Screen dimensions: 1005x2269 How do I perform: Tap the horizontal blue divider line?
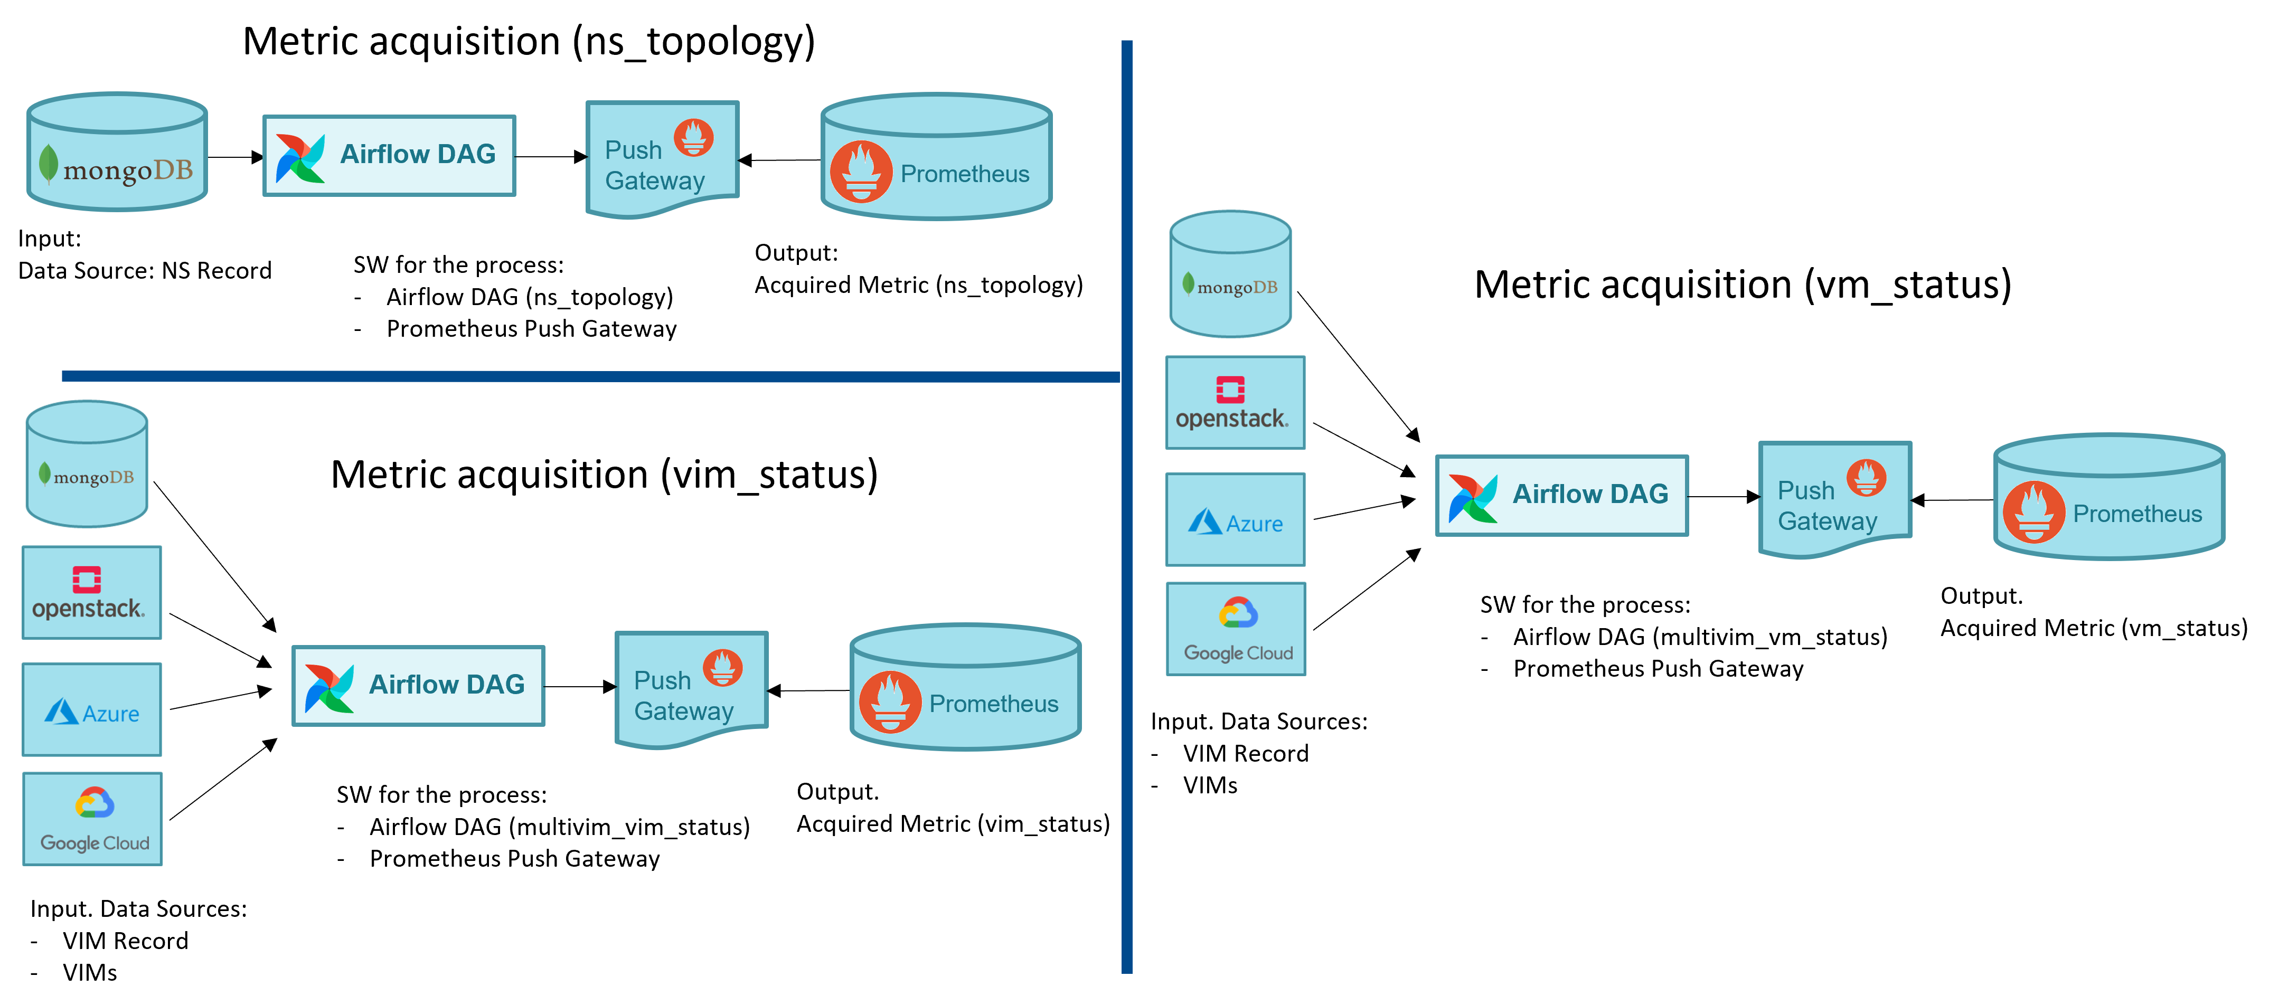pos(590,377)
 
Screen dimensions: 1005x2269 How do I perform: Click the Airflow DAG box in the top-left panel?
pos(389,156)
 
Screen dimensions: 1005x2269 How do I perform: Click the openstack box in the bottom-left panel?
pos(91,593)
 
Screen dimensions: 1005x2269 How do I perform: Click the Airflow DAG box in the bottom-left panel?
pos(418,685)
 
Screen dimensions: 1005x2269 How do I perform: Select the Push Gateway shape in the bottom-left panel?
pos(691,690)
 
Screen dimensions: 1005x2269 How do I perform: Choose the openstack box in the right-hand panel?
pos(1235,403)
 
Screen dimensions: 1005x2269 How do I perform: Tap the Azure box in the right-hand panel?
pos(1235,520)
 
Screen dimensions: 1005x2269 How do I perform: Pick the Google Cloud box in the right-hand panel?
pos(1236,629)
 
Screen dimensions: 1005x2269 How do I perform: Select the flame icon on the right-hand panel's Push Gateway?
pos(1866,477)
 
